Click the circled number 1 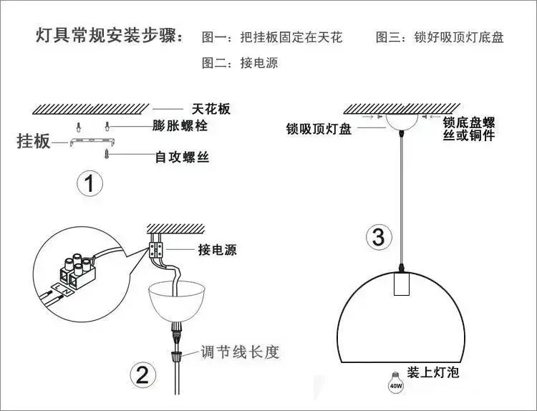pos(89,184)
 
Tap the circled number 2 pos(142,374)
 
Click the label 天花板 pos(211,109)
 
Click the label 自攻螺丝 pos(183,156)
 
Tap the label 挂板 pos(33,141)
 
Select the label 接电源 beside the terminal pos(217,250)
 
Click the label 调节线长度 pos(238,352)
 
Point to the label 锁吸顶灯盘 pos(319,129)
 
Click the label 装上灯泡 pos(432,372)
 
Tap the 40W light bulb pos(395,382)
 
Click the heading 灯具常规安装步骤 pos(109,37)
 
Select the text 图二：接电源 pos(240,63)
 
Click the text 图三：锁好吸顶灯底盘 pos(440,37)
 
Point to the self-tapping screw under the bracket pos(107,152)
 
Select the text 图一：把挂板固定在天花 pos(272,37)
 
